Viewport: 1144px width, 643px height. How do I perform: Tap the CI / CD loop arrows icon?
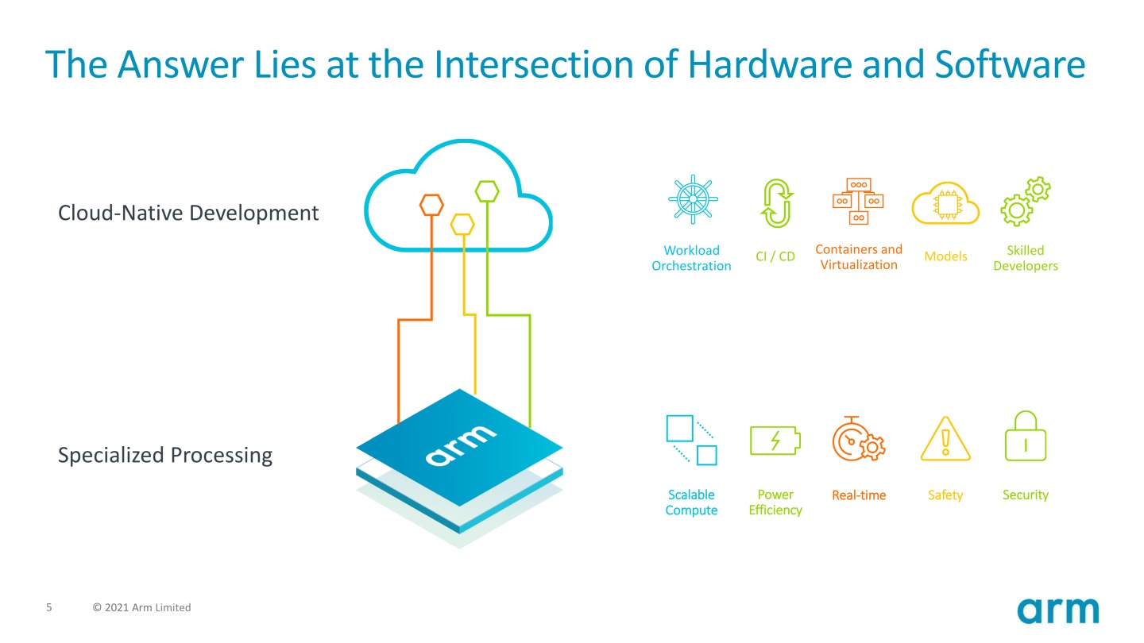[776, 203]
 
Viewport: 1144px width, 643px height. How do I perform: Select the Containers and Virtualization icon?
[858, 200]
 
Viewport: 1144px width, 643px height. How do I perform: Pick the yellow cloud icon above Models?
[945, 203]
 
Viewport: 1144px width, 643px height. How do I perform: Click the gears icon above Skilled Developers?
[1025, 202]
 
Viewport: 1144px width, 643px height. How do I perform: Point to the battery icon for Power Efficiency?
[775, 441]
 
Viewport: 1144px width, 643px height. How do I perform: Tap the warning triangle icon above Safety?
[945, 439]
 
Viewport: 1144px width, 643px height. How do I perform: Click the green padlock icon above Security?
[1025, 436]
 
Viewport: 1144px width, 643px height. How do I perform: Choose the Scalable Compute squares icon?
[691, 440]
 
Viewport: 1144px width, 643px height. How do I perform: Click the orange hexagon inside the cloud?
[431, 205]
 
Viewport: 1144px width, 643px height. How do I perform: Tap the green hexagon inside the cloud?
[487, 191]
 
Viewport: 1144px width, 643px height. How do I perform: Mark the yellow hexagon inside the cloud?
[462, 224]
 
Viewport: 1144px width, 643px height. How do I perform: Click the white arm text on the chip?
[461, 445]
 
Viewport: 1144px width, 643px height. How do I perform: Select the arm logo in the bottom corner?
[1058, 611]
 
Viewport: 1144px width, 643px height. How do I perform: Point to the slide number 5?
[49, 607]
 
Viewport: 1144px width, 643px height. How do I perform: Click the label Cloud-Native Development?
[188, 213]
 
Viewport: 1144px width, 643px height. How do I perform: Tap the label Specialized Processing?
[165, 455]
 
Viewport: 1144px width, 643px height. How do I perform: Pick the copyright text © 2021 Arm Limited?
[142, 607]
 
